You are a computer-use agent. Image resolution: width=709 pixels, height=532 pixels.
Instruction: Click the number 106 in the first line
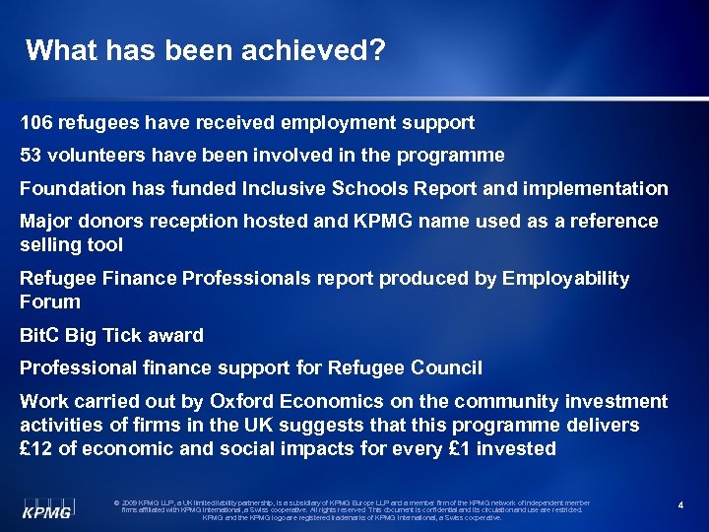click(36, 123)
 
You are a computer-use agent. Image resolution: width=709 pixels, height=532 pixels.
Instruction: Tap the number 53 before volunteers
click(32, 155)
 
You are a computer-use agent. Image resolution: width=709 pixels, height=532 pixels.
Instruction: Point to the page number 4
click(680, 505)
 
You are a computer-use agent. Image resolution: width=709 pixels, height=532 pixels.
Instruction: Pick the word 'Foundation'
click(73, 187)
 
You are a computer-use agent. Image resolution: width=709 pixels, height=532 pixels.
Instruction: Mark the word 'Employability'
click(566, 279)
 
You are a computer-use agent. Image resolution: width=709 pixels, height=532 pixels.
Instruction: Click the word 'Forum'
click(50, 301)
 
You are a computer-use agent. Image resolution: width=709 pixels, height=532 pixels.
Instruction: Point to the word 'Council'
click(445, 367)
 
